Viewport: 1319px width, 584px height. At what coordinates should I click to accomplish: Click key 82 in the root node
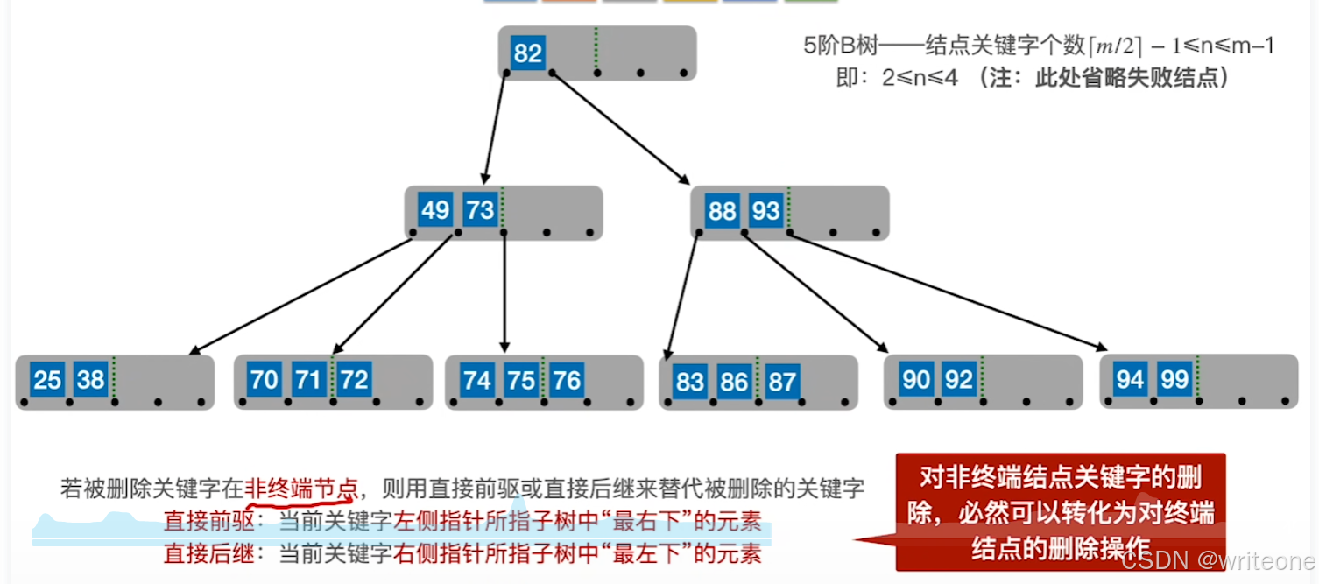coord(527,53)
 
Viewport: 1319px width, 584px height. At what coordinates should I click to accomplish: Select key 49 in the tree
coord(435,211)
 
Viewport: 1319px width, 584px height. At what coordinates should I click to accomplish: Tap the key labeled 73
coord(480,211)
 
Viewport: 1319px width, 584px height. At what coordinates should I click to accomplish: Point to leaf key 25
coord(47,379)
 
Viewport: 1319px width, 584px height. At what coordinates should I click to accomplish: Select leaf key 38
coord(91,379)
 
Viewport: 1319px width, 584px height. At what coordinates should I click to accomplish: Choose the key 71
coord(307,380)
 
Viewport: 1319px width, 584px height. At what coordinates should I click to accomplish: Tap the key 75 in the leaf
coord(521,380)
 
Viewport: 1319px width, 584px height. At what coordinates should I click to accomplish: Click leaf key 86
coord(734,382)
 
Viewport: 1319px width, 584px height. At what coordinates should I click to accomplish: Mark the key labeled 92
coord(960,379)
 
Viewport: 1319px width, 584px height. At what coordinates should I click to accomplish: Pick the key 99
coord(1174,379)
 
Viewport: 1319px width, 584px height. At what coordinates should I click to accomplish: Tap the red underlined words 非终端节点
coord(301,488)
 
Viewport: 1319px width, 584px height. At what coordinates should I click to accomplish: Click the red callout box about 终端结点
coord(1060,512)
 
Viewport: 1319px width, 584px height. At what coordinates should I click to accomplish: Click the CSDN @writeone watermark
coord(1217,560)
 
